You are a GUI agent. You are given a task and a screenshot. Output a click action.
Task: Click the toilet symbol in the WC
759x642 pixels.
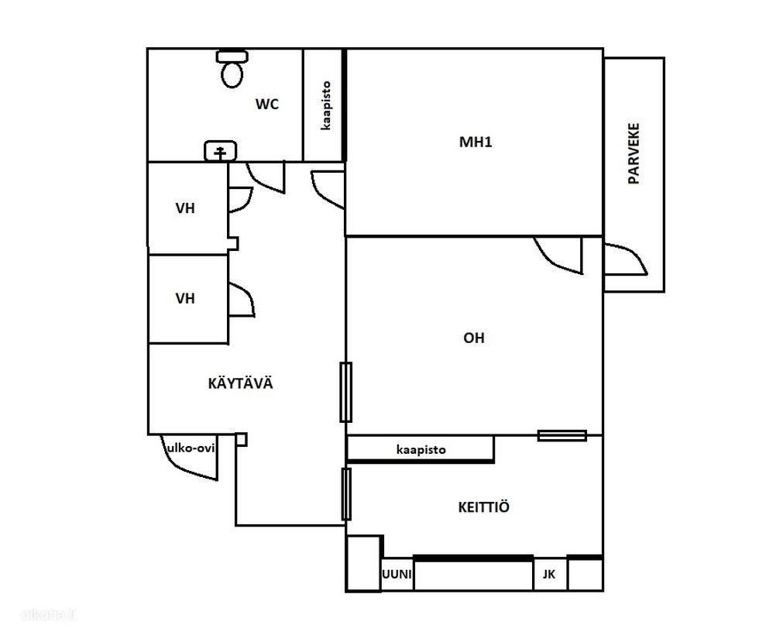click(232, 69)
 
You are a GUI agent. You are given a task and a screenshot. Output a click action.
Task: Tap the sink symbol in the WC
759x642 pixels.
click(220, 150)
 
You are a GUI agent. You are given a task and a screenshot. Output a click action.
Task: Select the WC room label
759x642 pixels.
click(267, 104)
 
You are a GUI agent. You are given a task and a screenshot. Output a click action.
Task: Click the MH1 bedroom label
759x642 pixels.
click(476, 142)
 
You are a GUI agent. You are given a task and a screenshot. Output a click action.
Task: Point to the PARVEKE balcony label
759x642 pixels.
click(634, 153)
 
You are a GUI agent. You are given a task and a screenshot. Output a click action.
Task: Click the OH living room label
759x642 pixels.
click(474, 338)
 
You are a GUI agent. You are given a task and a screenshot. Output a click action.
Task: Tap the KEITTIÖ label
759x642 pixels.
click(483, 506)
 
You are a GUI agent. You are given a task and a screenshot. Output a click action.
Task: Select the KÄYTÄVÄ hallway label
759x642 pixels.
click(241, 383)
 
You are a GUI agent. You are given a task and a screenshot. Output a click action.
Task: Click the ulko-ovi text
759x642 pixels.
click(191, 448)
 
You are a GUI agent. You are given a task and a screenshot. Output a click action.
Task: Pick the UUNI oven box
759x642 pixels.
click(397, 575)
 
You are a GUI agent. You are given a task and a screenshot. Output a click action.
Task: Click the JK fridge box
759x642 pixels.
click(549, 575)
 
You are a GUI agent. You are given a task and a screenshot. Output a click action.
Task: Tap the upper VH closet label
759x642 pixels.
click(185, 208)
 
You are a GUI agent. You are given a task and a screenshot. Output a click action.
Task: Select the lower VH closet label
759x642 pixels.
click(185, 298)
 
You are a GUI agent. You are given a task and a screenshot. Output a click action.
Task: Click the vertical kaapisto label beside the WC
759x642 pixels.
click(326, 105)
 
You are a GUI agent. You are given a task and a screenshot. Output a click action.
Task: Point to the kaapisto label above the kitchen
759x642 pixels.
click(421, 450)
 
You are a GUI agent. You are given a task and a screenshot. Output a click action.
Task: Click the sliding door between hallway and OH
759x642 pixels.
click(345, 392)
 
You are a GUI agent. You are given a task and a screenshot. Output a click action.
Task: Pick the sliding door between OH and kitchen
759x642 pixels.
click(562, 436)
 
